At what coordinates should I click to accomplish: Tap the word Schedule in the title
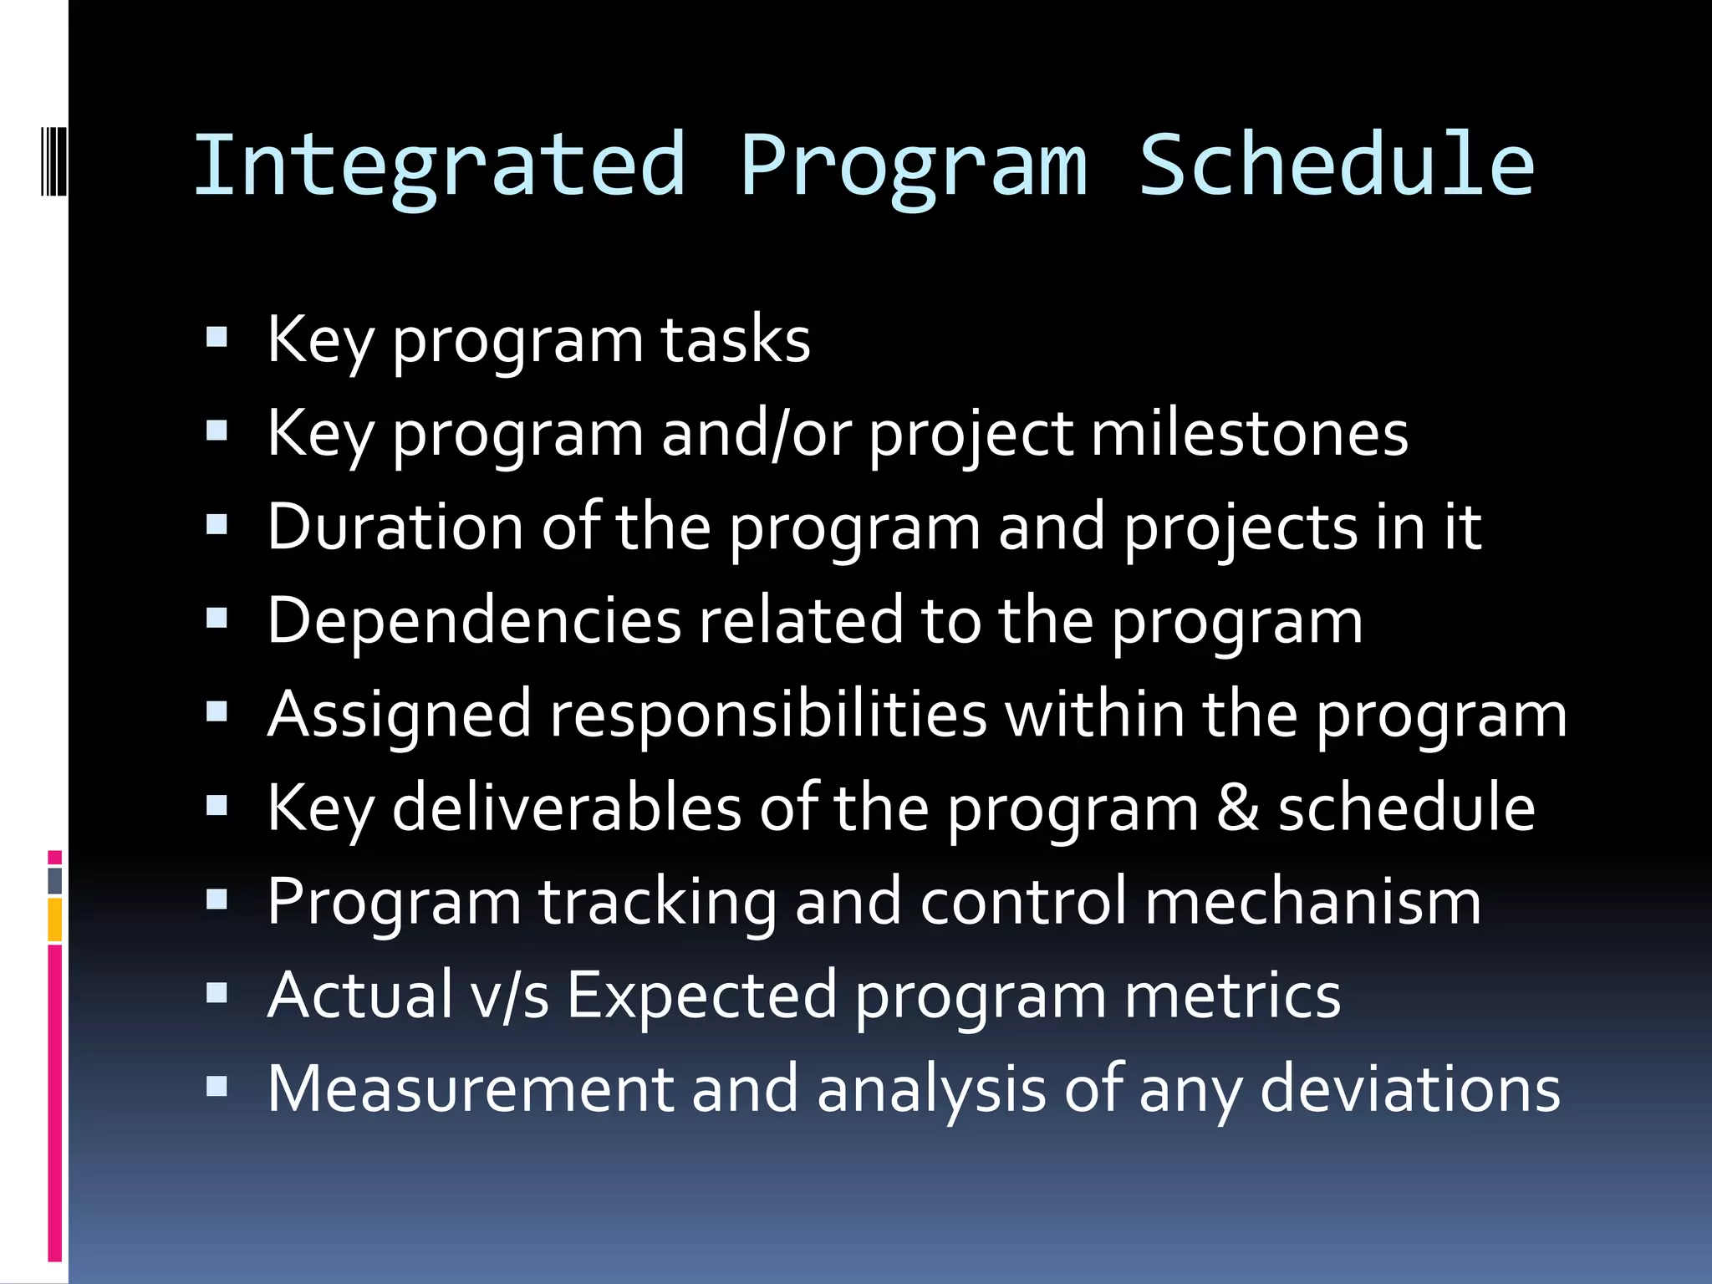coord(1337,166)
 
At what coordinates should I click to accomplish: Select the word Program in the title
coord(914,166)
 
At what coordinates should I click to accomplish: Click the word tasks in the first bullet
coord(736,340)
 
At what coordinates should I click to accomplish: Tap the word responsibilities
coord(768,715)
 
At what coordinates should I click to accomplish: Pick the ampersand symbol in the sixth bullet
coord(1238,808)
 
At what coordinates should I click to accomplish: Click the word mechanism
coord(1312,902)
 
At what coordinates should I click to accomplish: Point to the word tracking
coord(657,902)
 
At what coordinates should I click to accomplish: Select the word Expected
coord(701,996)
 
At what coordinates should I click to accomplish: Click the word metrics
coord(1232,996)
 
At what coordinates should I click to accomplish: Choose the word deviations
coord(1409,1089)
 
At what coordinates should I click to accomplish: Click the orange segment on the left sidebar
coord(54,920)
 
